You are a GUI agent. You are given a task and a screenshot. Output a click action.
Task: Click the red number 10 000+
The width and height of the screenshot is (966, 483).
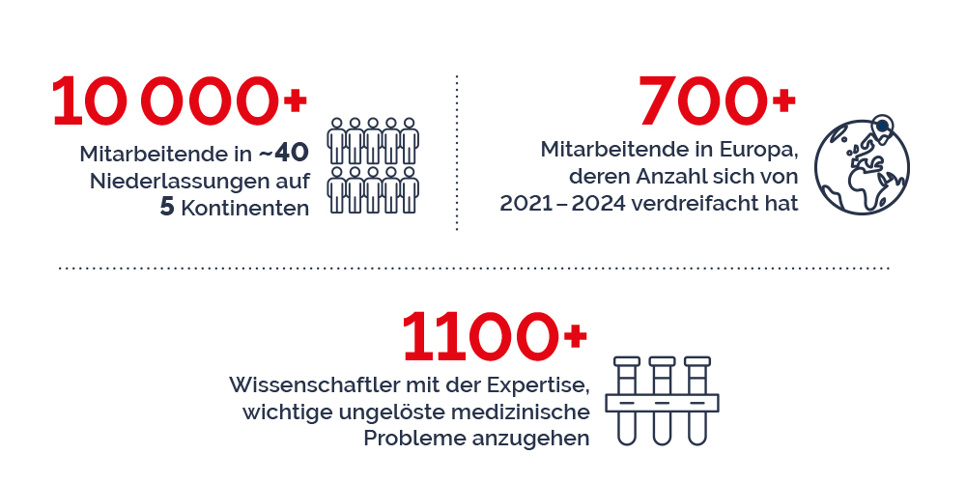[180, 101]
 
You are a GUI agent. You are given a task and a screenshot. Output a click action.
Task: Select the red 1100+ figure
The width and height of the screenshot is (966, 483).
[494, 337]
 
